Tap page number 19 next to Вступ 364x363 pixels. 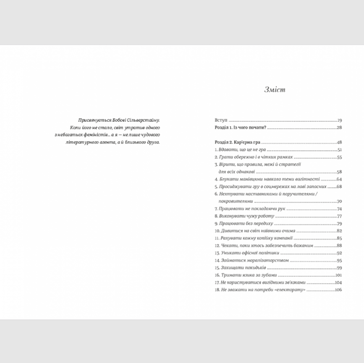coord(339,121)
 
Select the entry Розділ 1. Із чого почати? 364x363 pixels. coord(240,128)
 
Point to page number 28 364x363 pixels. coord(339,128)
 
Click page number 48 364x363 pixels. coord(339,143)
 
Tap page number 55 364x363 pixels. coord(339,157)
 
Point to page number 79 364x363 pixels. coord(339,223)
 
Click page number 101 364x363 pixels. coord(338,275)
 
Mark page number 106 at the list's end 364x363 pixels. coord(338,289)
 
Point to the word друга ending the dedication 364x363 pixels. coord(153,142)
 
